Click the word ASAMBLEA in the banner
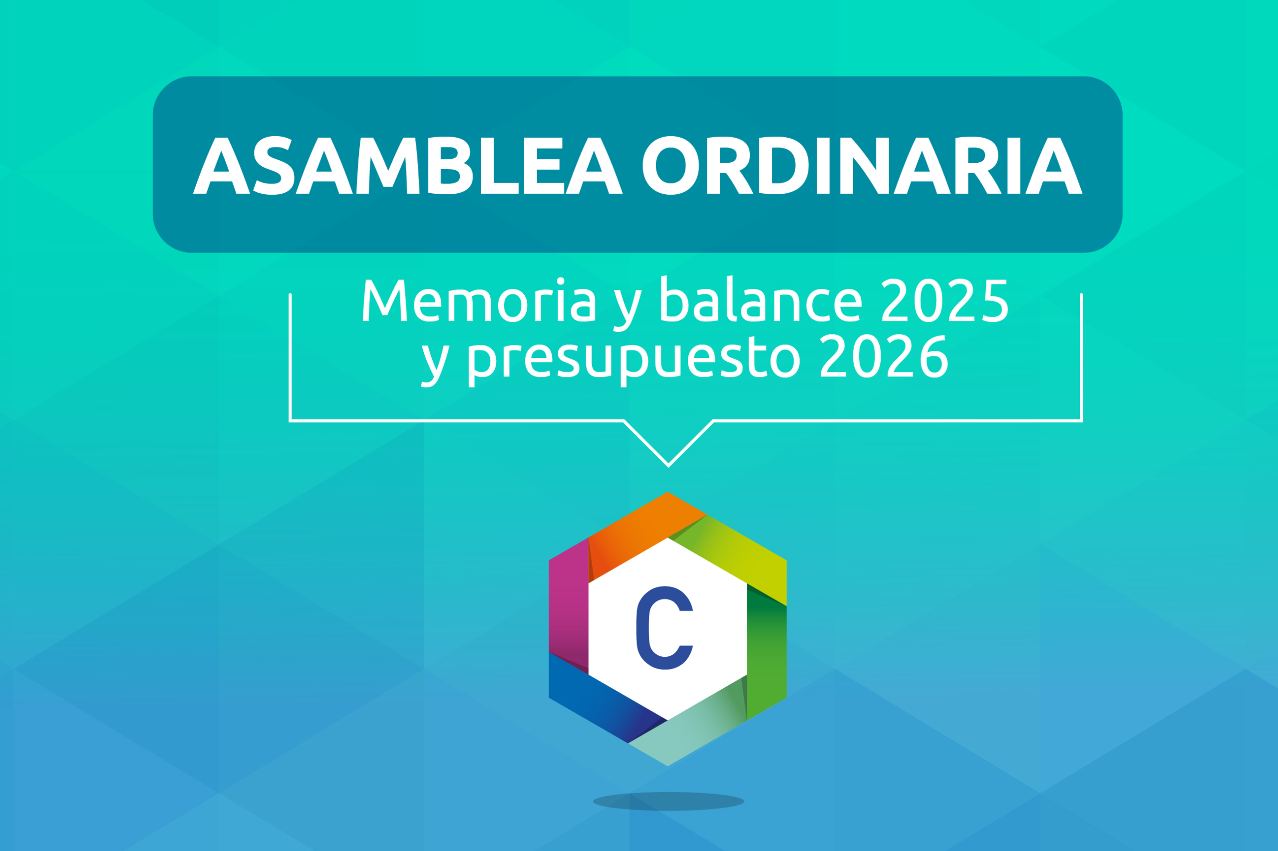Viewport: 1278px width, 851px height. tap(407, 165)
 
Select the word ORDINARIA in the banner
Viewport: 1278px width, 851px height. tap(862, 165)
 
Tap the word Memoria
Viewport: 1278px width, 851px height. tap(480, 300)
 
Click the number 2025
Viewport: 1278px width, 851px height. tap(945, 300)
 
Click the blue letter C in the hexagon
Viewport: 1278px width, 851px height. tap(664, 628)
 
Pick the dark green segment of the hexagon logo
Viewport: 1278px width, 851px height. tap(766, 651)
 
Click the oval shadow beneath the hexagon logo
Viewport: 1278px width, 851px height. tap(668, 801)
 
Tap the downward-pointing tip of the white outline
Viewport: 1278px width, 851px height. tap(668, 466)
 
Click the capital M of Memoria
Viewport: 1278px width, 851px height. tap(385, 300)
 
